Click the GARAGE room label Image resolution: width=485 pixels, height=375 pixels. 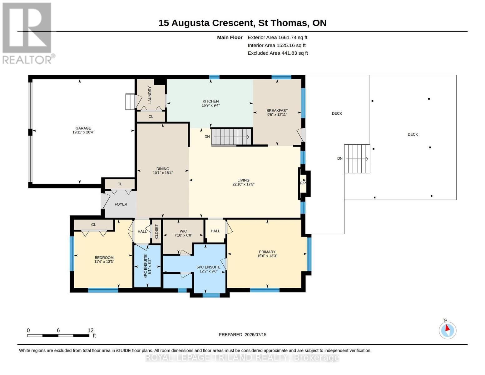[x=83, y=128]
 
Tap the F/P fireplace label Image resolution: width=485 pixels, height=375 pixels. [x=303, y=183]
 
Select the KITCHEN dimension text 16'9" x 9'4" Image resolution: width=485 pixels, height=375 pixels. [x=210, y=105]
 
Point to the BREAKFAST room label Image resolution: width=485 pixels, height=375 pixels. [x=277, y=111]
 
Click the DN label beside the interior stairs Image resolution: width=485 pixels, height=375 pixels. [x=207, y=137]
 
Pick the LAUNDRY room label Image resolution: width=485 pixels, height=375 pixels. [x=150, y=95]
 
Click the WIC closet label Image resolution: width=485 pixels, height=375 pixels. [x=183, y=231]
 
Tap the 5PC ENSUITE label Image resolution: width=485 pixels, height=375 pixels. [x=208, y=267]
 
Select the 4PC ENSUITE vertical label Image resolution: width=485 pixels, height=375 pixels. [x=146, y=266]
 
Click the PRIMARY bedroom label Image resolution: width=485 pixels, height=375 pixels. [x=267, y=252]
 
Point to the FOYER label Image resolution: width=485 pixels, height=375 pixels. [x=121, y=204]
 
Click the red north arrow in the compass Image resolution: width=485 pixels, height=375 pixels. [x=447, y=327]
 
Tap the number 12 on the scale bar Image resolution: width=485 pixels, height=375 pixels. [x=90, y=330]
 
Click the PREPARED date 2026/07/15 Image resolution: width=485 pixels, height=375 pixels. [x=255, y=335]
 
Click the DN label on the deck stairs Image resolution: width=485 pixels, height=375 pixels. [x=339, y=158]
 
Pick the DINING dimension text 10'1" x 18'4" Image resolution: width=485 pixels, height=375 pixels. [x=162, y=172]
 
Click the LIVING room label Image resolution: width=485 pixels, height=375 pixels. [x=243, y=180]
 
